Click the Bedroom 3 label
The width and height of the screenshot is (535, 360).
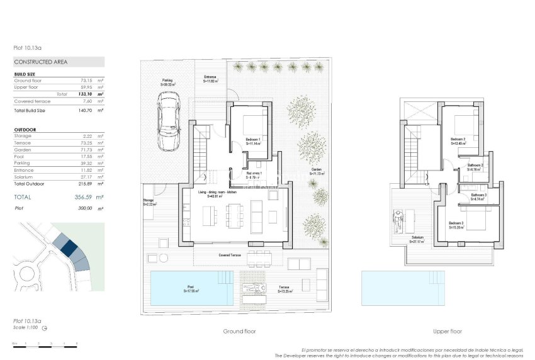click(456, 223)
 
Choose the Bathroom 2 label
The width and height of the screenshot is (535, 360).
click(475, 166)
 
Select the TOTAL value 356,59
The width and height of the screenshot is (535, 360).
click(84, 197)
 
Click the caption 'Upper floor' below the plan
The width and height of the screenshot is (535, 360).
click(448, 331)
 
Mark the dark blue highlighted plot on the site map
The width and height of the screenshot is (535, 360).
click(69, 249)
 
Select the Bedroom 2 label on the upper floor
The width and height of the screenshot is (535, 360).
click(458, 139)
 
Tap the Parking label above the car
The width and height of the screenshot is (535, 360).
click(167, 81)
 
